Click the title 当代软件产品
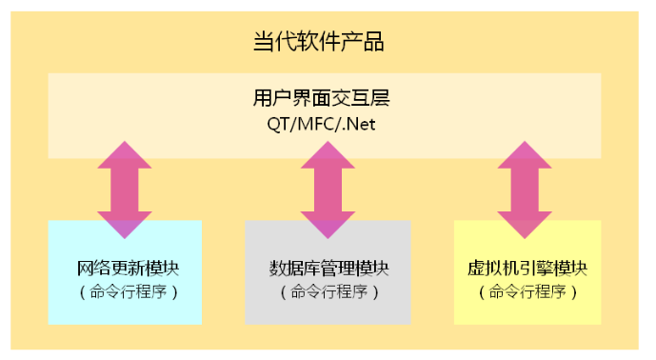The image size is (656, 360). point(319,42)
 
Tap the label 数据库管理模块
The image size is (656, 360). point(328,267)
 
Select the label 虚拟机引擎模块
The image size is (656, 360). point(527,267)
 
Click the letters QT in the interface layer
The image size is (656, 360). point(278,124)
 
